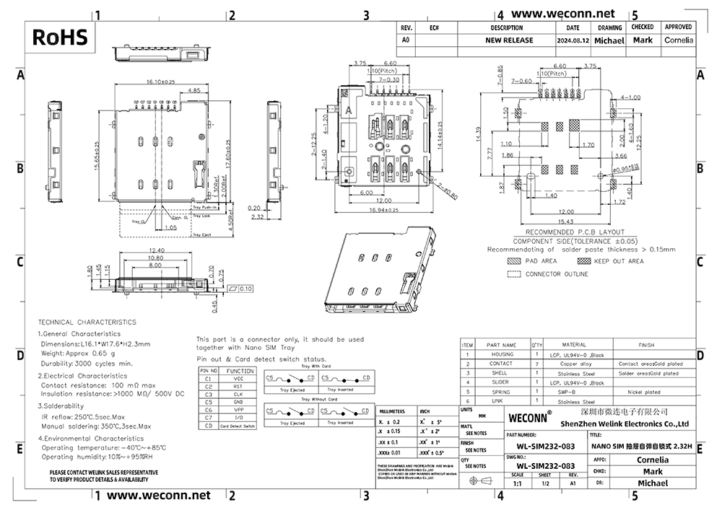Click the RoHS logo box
[60, 37]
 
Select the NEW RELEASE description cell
[508, 40]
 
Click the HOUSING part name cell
[503, 354]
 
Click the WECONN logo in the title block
[531, 417]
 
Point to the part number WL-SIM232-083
[541, 445]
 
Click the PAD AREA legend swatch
[514, 261]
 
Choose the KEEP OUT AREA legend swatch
[584, 261]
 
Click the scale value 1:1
[517, 484]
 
